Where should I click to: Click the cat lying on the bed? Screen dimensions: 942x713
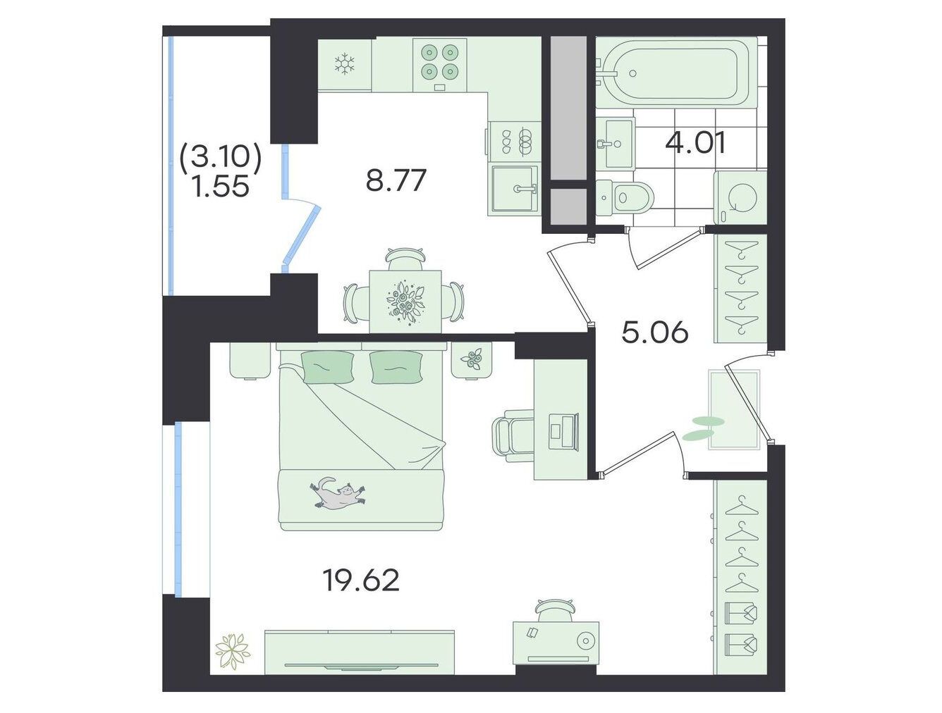tap(337, 493)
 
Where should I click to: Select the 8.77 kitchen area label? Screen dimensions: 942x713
tap(396, 180)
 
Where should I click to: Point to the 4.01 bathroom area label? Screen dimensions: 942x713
tap(695, 143)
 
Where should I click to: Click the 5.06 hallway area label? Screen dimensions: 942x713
tap(655, 333)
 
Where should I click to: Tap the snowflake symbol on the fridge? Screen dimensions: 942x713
tap(344, 64)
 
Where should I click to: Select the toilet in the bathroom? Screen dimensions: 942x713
tap(625, 197)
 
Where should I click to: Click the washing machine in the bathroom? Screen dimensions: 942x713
tap(740, 197)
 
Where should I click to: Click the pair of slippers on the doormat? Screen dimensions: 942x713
tap(702, 428)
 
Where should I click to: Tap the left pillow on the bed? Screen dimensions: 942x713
tap(329, 366)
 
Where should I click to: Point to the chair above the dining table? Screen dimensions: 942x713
tap(405, 258)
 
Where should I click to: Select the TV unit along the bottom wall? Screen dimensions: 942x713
tap(360, 653)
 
